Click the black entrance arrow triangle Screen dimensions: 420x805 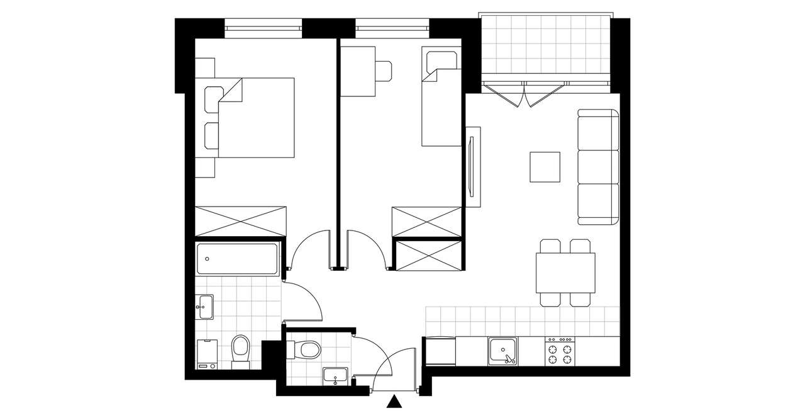394,402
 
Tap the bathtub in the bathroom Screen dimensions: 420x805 237,259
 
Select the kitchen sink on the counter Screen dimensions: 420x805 504,351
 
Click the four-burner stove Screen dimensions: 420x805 560,351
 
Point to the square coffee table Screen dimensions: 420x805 545,167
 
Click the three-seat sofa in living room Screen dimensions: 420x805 598,167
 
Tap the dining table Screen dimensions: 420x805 565,273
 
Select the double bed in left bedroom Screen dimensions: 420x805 255,118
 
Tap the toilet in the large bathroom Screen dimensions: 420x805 240,350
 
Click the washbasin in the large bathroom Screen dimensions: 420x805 204,307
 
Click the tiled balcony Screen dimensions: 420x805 545,45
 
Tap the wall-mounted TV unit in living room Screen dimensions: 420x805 473,167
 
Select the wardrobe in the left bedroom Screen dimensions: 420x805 240,221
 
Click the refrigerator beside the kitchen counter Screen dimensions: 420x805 440,351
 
